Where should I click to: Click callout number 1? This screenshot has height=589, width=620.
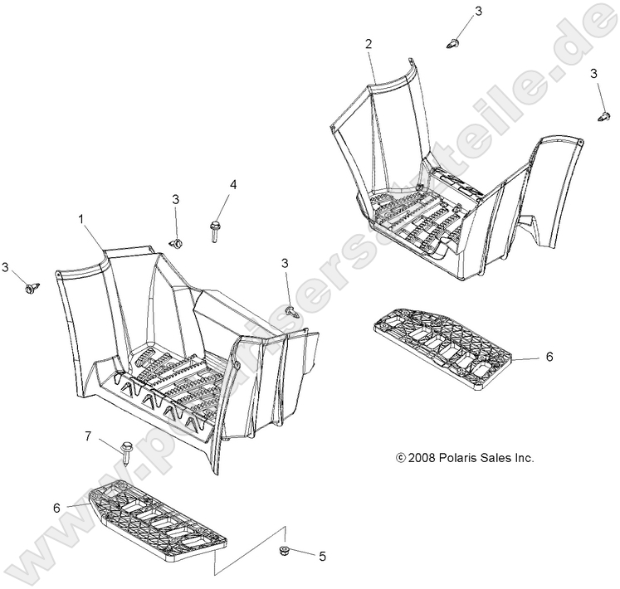[x=81, y=219]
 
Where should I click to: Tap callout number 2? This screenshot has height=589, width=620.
[x=369, y=44]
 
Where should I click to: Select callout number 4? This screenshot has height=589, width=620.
[x=233, y=184]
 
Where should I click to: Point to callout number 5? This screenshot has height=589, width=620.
[x=322, y=556]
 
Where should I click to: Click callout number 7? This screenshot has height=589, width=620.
[x=88, y=436]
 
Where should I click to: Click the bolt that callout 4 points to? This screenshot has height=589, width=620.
[x=214, y=231]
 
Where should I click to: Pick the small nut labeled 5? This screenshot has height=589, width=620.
[x=284, y=550]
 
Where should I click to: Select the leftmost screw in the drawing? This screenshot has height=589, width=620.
[x=32, y=288]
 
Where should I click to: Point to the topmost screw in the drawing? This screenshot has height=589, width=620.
[x=453, y=42]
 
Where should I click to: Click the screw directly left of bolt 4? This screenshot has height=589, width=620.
[x=177, y=243]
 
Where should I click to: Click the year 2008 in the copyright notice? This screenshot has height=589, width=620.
[x=422, y=458]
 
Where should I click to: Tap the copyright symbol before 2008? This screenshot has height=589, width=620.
[x=401, y=458]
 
